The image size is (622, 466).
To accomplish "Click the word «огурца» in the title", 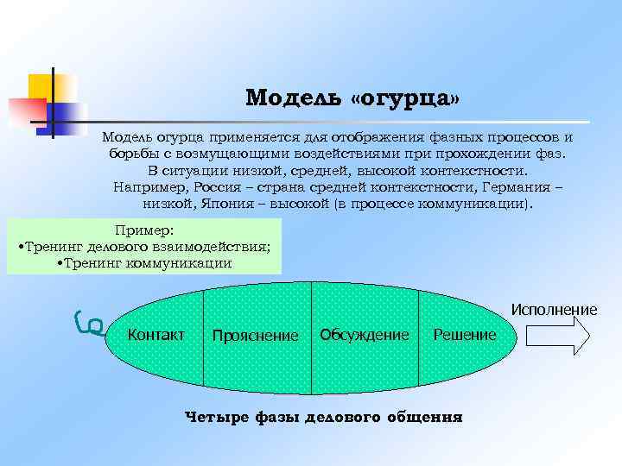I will tap(406, 97).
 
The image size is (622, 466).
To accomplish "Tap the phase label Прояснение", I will tap(255, 336).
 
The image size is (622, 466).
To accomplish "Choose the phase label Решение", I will tap(465, 335).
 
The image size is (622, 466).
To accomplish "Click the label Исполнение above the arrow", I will tap(554, 310).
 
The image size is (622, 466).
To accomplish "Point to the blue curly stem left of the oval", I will tap(89, 321).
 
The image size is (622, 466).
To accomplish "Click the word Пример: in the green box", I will tap(144, 230).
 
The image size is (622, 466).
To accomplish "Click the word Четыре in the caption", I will tap(216, 418).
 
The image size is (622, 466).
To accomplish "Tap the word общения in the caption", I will tap(424, 418).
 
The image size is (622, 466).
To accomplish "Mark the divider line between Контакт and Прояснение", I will tap(203, 337).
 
